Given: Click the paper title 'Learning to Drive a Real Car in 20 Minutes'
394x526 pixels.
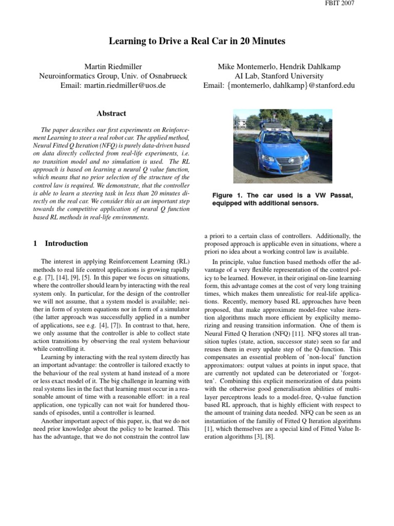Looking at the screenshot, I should click(x=196, y=41).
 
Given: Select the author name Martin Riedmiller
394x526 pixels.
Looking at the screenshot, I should click(x=113, y=66).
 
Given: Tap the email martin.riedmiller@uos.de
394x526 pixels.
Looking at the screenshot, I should click(x=113, y=85).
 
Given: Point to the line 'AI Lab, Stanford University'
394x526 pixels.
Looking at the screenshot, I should click(x=279, y=76).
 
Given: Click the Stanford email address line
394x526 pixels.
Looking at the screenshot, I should click(x=279, y=85).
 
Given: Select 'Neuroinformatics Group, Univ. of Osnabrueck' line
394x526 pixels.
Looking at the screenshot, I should click(x=113, y=76).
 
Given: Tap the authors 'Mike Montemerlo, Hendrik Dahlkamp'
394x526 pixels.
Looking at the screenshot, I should click(x=279, y=66).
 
